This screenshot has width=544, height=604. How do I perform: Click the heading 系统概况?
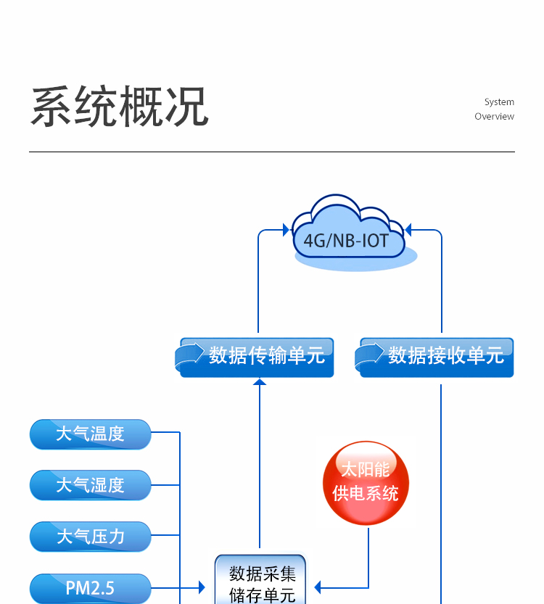120,107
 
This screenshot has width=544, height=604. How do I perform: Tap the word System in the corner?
499,102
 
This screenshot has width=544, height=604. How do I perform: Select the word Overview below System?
494,117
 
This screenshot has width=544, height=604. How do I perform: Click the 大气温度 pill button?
90,434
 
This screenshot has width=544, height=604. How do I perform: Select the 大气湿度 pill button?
90,485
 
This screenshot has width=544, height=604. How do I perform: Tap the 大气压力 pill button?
90,537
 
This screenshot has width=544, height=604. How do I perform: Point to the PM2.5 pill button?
90,587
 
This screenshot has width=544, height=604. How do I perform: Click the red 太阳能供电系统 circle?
366,483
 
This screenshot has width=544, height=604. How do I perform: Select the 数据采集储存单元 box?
261,584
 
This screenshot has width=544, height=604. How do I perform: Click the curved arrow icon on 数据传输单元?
190,355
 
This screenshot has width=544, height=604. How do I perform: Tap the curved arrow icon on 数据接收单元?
370,355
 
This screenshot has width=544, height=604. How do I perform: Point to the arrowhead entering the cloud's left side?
285,231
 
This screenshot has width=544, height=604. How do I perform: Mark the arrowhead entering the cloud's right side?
408,231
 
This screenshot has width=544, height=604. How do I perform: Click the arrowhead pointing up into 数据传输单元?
260,381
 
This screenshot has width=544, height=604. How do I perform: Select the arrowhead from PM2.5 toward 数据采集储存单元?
202,587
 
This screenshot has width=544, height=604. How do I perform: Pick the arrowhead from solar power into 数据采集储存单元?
318,587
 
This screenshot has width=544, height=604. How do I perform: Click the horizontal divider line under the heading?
272,152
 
